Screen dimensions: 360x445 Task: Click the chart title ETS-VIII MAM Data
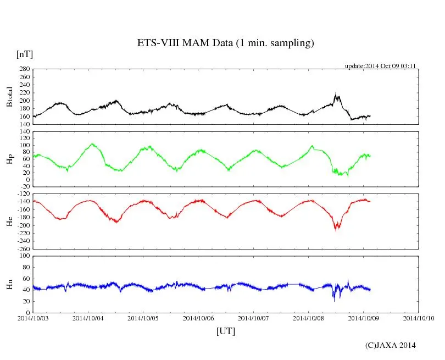[x=225, y=43]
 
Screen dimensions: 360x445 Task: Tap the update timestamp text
[x=380, y=66]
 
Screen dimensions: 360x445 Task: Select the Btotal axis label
[x=9, y=96]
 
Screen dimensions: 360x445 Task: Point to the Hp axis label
[x=9, y=159]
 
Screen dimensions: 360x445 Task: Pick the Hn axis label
[x=9, y=284]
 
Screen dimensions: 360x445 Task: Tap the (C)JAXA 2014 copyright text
[x=391, y=345]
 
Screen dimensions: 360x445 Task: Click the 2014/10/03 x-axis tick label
[x=33, y=318]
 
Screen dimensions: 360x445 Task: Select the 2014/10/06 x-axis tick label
[x=198, y=318]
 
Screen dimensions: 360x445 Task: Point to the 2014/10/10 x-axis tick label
[x=419, y=318]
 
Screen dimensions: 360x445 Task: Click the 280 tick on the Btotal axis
[x=24, y=69]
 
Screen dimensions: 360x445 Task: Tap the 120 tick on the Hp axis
[x=24, y=132]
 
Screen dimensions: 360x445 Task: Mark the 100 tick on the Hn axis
[x=24, y=256]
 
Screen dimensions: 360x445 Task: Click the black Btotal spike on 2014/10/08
[x=336, y=93]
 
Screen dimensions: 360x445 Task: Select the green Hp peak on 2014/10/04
[x=92, y=144]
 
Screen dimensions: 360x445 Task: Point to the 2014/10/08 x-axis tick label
[x=308, y=318]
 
